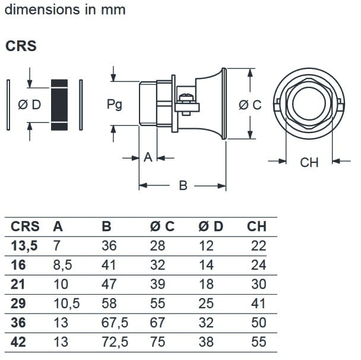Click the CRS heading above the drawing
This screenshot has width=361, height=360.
coord(21,46)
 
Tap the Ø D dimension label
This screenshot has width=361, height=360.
coord(29,105)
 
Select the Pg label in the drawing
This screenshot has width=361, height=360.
coord(115,105)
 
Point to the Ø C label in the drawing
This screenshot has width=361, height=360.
coord(250,105)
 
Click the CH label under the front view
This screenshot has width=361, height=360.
coord(309,162)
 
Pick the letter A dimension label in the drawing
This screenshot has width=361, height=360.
coord(148,157)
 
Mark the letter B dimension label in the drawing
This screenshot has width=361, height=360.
coord(183,186)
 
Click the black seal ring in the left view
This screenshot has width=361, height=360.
coord(59,105)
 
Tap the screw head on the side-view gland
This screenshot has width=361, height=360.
coord(186,97)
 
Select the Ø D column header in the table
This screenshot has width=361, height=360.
coord(211,226)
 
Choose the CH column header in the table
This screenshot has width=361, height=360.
coord(256,226)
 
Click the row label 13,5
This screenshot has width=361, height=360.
coord(24,245)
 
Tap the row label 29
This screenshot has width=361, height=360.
coord(18,303)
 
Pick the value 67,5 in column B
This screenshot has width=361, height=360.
coord(115,323)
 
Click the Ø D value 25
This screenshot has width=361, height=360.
coord(205,303)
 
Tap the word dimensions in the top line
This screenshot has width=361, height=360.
coord(39,11)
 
